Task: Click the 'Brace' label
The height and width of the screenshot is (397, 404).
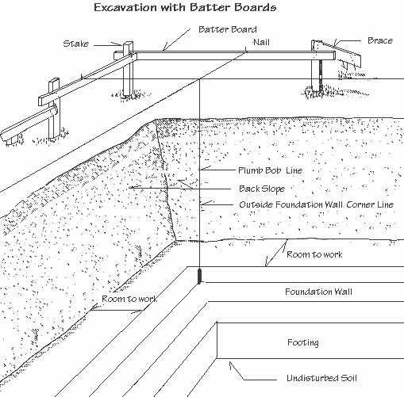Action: [380, 40]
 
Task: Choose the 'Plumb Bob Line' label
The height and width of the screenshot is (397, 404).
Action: [269, 170]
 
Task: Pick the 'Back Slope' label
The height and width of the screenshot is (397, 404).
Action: [262, 189]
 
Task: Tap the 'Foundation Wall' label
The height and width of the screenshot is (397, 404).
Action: [318, 292]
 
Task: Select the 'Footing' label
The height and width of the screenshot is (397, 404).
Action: [303, 343]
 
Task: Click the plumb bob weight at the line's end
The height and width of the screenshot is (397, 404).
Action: [198, 277]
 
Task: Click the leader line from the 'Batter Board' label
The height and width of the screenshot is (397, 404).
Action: [179, 40]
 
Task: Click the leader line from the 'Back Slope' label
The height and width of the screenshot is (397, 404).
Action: [183, 188]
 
